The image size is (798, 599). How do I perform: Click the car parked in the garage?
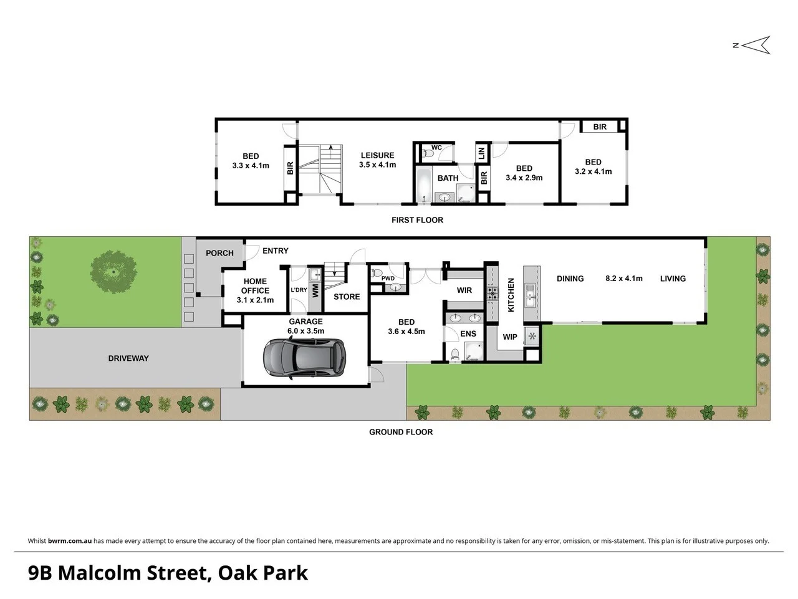pyautogui.click(x=304, y=358)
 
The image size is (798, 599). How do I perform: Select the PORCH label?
pyautogui.click(x=219, y=253)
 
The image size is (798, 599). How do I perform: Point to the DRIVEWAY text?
pyautogui.click(x=128, y=358)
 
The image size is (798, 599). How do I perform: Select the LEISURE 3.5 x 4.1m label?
pyautogui.click(x=377, y=160)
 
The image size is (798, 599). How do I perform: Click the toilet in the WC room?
pyautogui.click(x=428, y=153)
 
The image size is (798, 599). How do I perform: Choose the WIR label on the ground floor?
pyautogui.click(x=464, y=290)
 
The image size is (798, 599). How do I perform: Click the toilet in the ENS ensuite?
pyautogui.click(x=455, y=355)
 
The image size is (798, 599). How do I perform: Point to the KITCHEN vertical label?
pyautogui.click(x=511, y=295)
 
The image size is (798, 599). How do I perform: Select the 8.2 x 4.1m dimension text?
pyautogui.click(x=623, y=279)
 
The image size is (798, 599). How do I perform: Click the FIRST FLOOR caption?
pyautogui.click(x=417, y=220)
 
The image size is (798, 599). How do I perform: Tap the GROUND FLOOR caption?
pyautogui.click(x=400, y=432)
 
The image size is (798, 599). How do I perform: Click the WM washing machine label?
pyautogui.click(x=315, y=290)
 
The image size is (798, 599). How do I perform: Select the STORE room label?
pyautogui.click(x=347, y=297)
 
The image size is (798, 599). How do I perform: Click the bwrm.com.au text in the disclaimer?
pyautogui.click(x=70, y=541)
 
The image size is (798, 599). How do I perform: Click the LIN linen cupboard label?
pyautogui.click(x=481, y=152)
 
